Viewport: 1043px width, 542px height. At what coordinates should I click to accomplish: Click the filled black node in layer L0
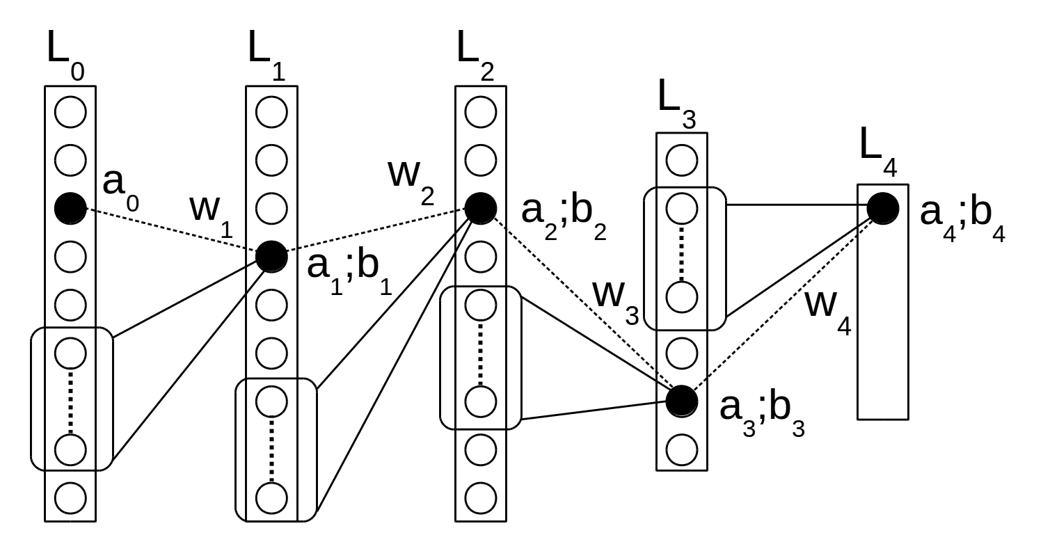pyautogui.click(x=70, y=207)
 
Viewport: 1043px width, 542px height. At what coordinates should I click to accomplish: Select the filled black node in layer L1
pyautogui.click(x=271, y=257)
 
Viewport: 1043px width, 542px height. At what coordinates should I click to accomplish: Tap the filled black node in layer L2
pyautogui.click(x=480, y=207)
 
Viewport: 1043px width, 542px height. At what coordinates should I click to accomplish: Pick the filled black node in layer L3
pyautogui.click(x=681, y=400)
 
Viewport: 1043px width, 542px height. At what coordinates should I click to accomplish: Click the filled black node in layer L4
pyautogui.click(x=882, y=207)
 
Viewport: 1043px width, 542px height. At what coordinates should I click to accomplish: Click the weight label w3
pyautogui.click(x=615, y=299)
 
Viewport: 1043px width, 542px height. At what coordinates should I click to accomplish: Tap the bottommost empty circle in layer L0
pyautogui.click(x=70, y=497)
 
